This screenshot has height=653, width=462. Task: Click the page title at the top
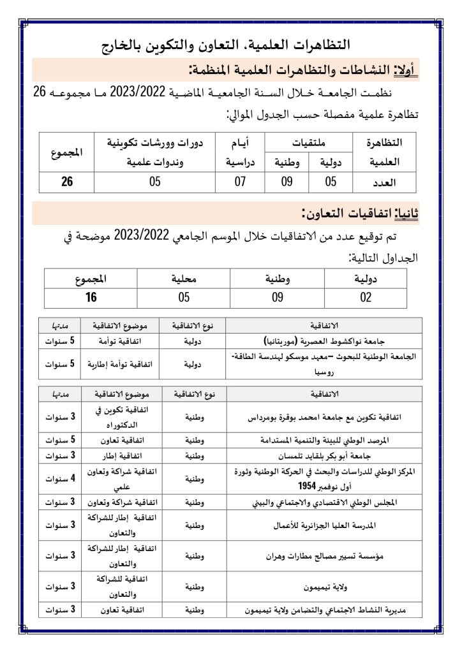pos(230,45)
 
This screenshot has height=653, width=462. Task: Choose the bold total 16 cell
pos(91,297)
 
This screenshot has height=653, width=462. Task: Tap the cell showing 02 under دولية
pos(365,297)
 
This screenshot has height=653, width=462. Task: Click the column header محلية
pos(184,279)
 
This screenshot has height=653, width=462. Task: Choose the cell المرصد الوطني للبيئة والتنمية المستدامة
pos(331,440)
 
